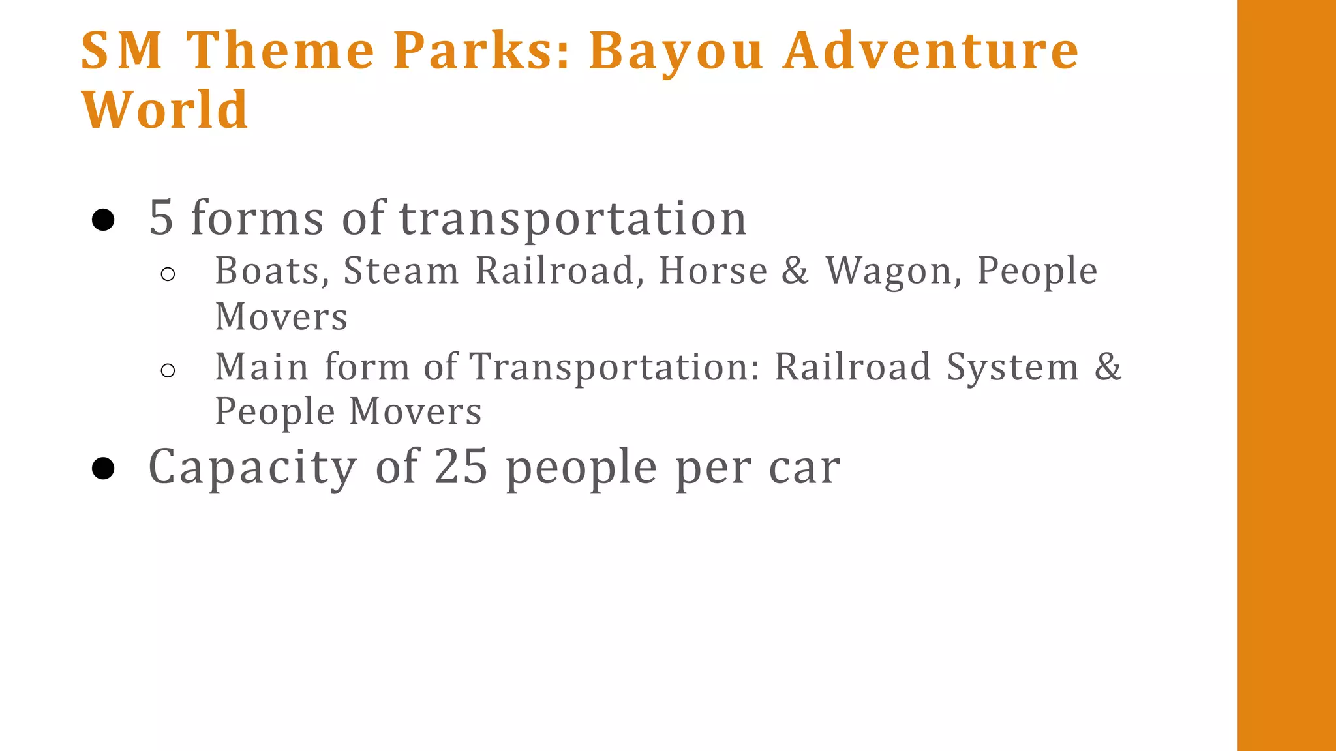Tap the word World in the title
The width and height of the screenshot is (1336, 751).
pos(164,110)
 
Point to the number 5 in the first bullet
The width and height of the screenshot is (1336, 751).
pos(161,218)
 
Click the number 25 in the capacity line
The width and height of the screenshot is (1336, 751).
pos(461,467)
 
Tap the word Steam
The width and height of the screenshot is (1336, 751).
pos(401,271)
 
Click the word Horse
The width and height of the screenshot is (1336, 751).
pos(713,271)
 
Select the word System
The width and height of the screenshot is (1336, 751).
pos(1012,368)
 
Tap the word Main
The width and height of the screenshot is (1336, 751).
pos(262,366)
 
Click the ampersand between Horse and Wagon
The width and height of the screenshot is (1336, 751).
pos(795,271)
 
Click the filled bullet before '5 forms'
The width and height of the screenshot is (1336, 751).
pos(103,220)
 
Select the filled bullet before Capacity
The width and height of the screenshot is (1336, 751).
pos(103,467)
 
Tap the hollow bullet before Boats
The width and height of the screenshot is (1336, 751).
pos(168,274)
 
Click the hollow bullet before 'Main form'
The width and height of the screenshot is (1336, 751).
pos(168,371)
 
